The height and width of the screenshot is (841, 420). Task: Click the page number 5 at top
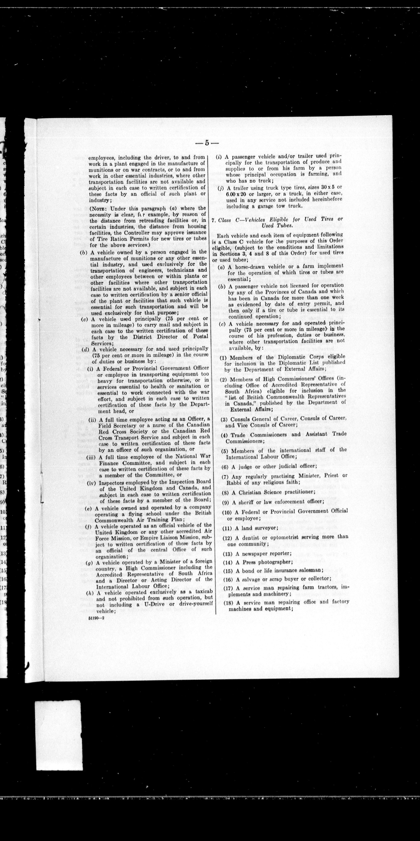point(207,143)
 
